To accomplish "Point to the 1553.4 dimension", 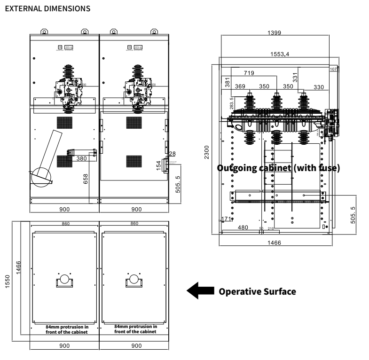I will [280, 54].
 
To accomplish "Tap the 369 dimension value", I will [240, 86].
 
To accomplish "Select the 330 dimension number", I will [319, 86].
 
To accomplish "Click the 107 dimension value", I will [333, 69].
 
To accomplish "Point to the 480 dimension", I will [243, 227].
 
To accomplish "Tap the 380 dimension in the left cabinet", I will [82, 159].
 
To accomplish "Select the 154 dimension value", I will [159, 165].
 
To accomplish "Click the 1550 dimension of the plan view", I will [8, 282].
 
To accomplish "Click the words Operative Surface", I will [258, 291].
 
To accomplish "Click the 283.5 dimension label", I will [231, 103].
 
